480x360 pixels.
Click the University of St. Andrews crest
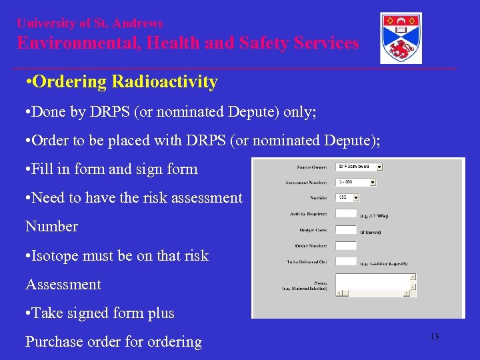click(x=401, y=38)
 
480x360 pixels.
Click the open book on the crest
click(x=401, y=29)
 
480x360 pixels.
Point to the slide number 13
click(x=434, y=337)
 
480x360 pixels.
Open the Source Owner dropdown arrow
click(x=379, y=167)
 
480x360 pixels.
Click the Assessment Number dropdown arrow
click(x=372, y=182)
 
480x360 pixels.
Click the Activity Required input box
click(x=345, y=213)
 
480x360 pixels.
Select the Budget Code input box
click(x=345, y=229)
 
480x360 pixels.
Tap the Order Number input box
click(x=345, y=245)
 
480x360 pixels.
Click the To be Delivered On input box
click(x=345, y=261)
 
